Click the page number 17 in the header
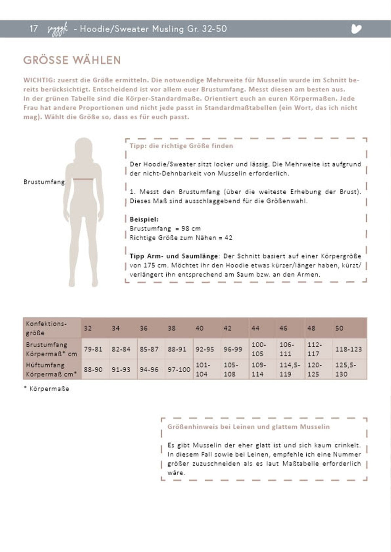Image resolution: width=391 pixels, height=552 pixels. pyautogui.click(x=34, y=29)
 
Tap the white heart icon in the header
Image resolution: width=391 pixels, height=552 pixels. pyautogui.click(x=356, y=29)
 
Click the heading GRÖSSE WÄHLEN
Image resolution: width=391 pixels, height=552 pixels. pyautogui.click(x=72, y=60)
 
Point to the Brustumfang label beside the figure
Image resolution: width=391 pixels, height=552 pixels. pyautogui.click(x=44, y=182)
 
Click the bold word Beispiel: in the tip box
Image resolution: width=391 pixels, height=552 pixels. pyautogui.click(x=144, y=219)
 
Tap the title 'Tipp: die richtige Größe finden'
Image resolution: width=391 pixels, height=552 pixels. pyautogui.click(x=181, y=146)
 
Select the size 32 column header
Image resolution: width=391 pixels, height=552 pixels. pyautogui.click(x=88, y=328)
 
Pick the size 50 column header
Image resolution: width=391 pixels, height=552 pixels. pyautogui.click(x=339, y=328)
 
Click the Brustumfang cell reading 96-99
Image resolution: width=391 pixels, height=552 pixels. pyautogui.click(x=233, y=349)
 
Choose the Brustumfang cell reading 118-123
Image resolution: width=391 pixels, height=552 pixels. pyautogui.click(x=348, y=349)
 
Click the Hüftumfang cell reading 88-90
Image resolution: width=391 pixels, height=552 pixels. pyautogui.click(x=93, y=370)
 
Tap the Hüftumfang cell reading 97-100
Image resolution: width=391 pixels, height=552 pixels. pyautogui.click(x=179, y=370)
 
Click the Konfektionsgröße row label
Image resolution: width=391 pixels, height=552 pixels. pyautogui.click(x=46, y=328)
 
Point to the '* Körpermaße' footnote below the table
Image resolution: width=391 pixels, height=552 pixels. pyautogui.click(x=47, y=389)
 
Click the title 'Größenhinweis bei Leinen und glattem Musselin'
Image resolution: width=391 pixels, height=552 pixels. pyautogui.click(x=248, y=427)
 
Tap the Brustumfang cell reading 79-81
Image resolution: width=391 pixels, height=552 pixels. pyautogui.click(x=93, y=349)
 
